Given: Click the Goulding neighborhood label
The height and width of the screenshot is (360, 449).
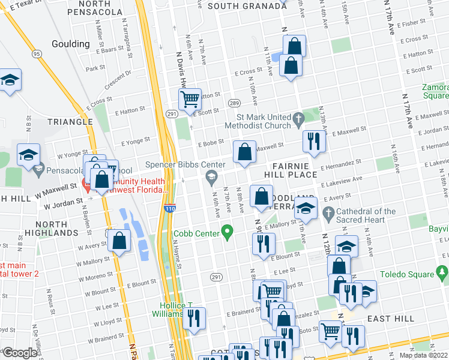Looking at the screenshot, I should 71,44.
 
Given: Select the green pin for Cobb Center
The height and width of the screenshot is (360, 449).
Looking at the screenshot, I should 227,230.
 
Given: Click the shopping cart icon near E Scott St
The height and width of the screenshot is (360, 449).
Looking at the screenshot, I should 190,99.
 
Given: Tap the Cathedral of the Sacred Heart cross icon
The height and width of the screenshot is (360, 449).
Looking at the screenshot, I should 328,213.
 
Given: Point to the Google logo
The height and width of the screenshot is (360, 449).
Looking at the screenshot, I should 20,353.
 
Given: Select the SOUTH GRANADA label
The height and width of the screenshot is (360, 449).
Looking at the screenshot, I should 247,6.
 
